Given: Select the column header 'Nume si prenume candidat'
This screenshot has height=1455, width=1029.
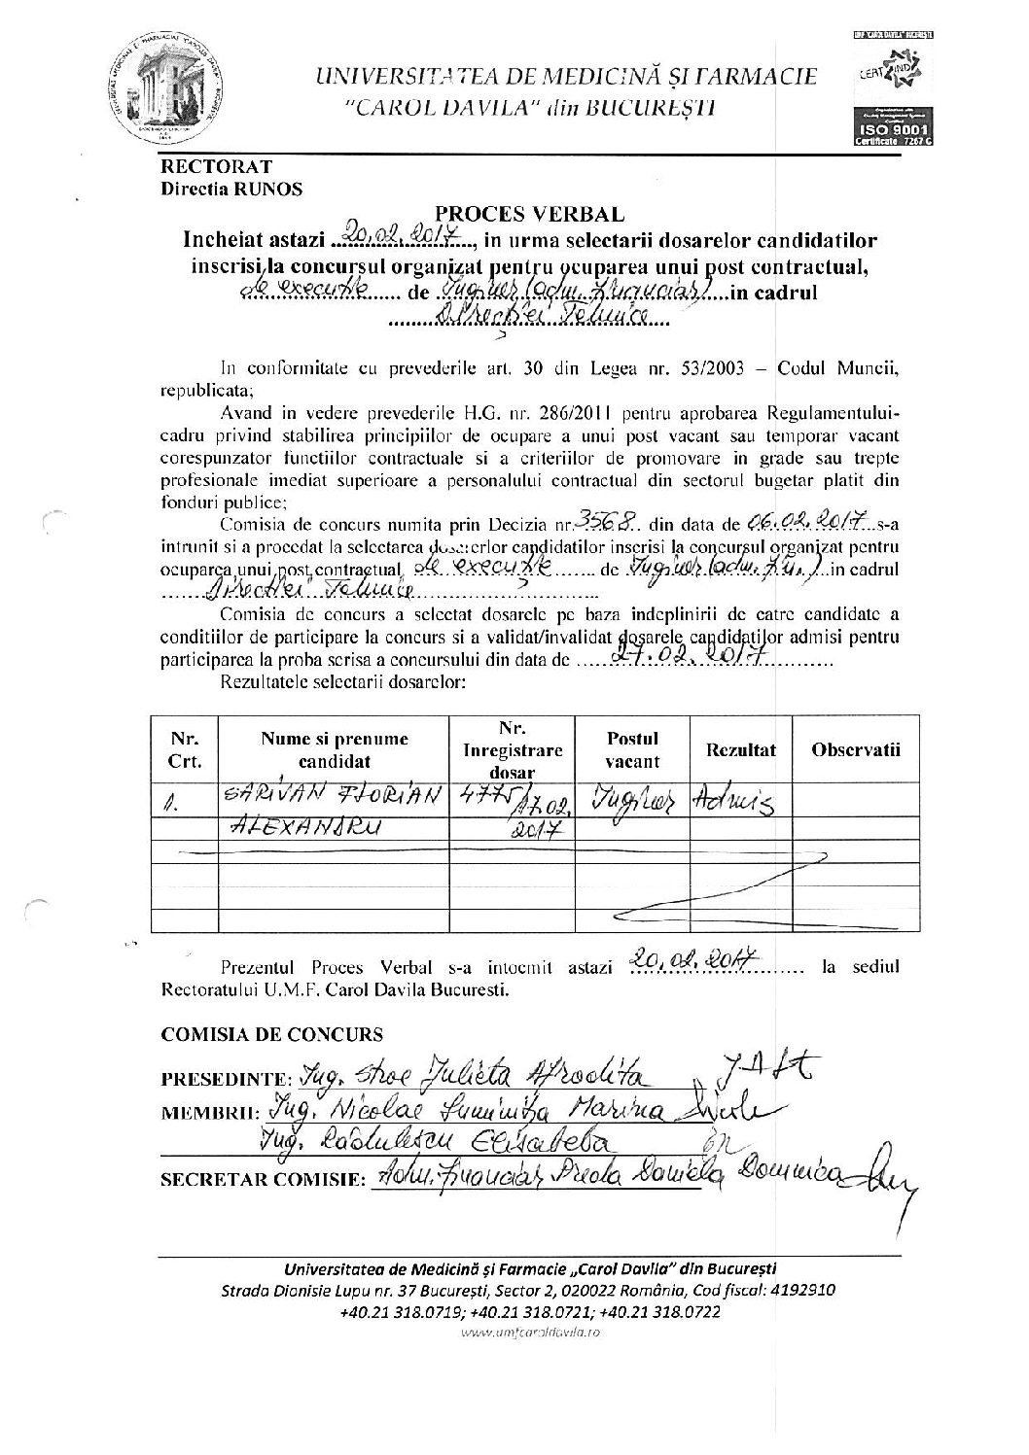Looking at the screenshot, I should click(x=334, y=749).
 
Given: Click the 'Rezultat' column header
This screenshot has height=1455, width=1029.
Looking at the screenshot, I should click(x=741, y=749).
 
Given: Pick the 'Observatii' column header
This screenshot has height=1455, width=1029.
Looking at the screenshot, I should click(x=855, y=749).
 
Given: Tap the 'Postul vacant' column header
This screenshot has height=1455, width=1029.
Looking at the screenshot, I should click(x=632, y=749).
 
